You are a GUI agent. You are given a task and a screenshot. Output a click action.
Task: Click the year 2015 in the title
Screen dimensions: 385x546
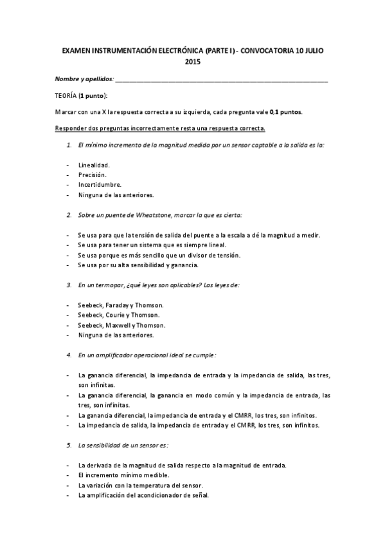click(x=192, y=62)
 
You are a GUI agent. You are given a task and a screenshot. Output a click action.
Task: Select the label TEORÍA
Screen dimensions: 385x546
click(x=66, y=95)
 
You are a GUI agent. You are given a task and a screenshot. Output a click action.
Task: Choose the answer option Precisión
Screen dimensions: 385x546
click(x=92, y=175)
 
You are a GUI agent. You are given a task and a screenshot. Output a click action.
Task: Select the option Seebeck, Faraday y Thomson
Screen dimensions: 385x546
click(x=121, y=305)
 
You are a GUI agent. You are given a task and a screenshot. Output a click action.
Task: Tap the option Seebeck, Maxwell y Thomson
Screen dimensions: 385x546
click(x=121, y=325)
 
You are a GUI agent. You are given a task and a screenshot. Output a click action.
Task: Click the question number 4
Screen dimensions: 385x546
click(x=69, y=354)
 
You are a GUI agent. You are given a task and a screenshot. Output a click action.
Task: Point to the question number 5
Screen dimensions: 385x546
click(x=69, y=444)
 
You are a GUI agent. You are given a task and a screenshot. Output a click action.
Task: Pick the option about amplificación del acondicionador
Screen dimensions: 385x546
click(x=143, y=494)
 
